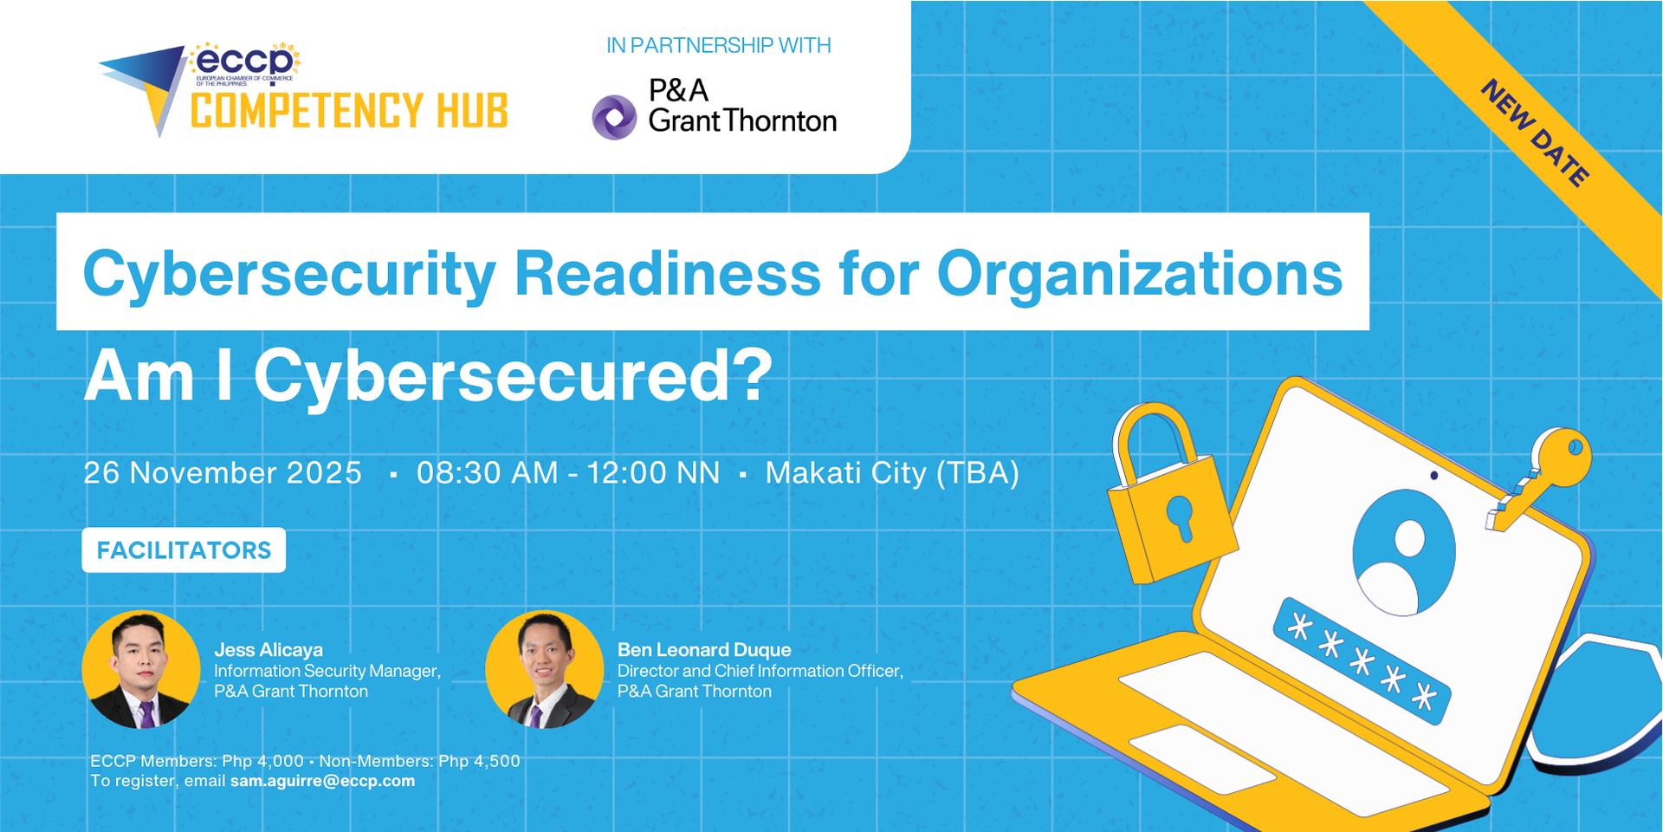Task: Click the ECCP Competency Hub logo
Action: (x=303, y=91)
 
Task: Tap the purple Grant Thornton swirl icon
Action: (x=614, y=117)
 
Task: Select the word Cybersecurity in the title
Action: (x=289, y=274)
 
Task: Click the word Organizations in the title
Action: (x=1139, y=274)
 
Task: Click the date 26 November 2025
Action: (x=223, y=472)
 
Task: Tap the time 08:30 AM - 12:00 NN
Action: (x=567, y=472)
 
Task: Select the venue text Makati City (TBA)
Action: (x=891, y=472)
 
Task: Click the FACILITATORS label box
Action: (x=184, y=550)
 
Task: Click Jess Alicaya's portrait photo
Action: (x=141, y=669)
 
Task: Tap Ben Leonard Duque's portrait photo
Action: (x=544, y=669)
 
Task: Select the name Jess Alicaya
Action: (x=269, y=650)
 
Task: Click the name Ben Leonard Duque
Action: (x=704, y=650)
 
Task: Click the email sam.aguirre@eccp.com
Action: (x=322, y=781)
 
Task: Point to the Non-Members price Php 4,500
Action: (x=479, y=761)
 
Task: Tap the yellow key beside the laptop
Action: (x=1546, y=472)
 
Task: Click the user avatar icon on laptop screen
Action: (x=1404, y=552)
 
